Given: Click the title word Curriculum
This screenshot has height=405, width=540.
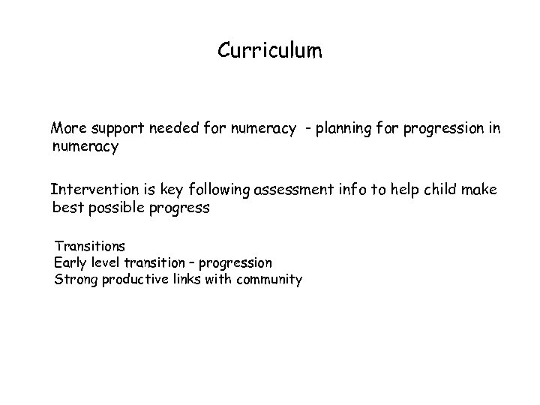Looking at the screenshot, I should tap(270, 51).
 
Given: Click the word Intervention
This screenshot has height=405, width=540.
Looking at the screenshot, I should tap(91, 190).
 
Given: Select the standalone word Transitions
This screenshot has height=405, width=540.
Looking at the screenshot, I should tap(89, 245).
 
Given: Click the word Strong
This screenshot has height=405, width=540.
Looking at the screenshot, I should tap(74, 280).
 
